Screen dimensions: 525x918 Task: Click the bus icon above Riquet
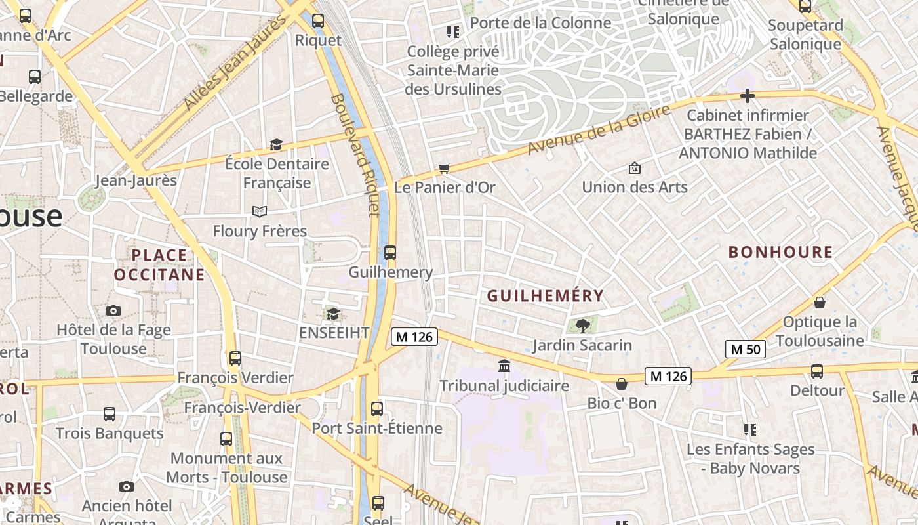[x=318, y=21]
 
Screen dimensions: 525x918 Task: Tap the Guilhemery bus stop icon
[x=390, y=253]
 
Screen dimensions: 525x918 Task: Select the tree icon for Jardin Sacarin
[x=582, y=325]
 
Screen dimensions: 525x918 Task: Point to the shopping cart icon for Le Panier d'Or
[x=445, y=168]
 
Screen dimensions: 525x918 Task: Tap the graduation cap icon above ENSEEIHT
[x=333, y=314]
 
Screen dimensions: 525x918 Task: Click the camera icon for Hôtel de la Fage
[x=113, y=310]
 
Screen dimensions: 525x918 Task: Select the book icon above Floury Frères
[x=260, y=211]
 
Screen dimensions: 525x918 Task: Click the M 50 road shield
[x=746, y=349]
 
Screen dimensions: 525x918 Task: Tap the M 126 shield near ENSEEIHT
[x=414, y=337]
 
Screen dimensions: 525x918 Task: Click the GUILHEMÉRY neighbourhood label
[x=545, y=297]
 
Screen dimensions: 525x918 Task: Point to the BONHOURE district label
[x=780, y=252]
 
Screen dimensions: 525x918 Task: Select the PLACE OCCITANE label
[x=159, y=264]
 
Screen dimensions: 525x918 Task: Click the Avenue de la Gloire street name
[x=599, y=129]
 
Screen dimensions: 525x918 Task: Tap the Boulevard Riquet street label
[x=355, y=154]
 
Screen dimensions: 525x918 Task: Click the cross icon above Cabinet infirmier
[x=747, y=96]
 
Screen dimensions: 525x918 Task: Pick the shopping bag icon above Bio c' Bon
[x=622, y=384]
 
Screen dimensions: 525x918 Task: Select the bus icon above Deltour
[x=817, y=371]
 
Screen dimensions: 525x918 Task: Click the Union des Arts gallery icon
[x=634, y=168]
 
